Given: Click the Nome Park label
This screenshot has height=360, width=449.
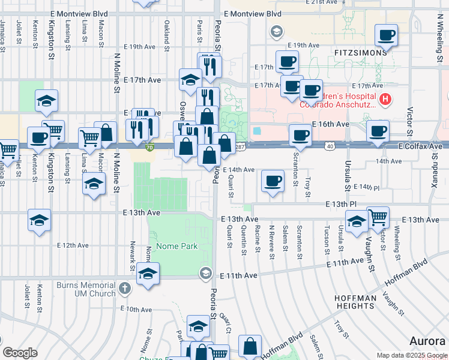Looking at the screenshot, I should click(x=176, y=246).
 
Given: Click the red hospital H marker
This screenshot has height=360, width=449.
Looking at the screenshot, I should click(x=385, y=98).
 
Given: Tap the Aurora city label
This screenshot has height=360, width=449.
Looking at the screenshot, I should click(x=428, y=341).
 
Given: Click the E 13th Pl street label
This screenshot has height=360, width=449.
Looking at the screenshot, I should click(x=341, y=205).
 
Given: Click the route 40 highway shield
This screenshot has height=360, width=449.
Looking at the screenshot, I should click(x=330, y=146).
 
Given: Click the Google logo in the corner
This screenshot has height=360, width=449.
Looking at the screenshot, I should click(x=20, y=353).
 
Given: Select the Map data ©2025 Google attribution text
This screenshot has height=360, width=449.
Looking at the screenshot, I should click(x=412, y=356).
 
